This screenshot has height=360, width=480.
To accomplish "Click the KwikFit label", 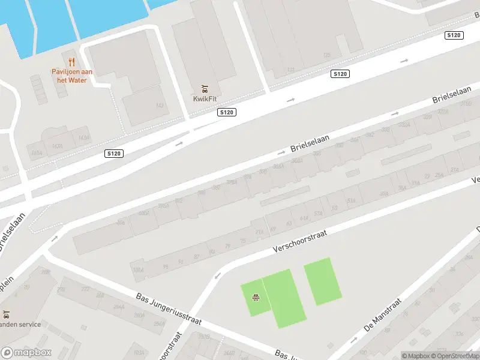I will click(205, 99).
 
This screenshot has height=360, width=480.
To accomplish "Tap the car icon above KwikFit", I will click(205, 89).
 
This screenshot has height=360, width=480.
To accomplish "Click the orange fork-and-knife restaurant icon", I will click(71, 61).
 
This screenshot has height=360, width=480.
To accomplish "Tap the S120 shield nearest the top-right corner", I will click(454, 35).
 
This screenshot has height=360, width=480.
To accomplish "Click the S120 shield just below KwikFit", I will click(227, 112).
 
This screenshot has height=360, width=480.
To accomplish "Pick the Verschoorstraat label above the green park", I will click(299, 238).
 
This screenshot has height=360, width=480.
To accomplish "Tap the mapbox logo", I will click(26, 353).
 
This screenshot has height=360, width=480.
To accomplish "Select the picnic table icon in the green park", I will click(256, 296).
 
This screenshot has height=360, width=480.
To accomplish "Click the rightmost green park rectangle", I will click(323, 280).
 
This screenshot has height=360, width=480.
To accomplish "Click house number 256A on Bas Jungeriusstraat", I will click(159, 324).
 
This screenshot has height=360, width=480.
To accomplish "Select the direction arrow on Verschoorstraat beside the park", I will click(217, 276).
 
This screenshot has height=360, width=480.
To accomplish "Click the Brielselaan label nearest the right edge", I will click(451, 95).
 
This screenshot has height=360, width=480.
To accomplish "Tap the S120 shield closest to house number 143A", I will click(113, 154).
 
